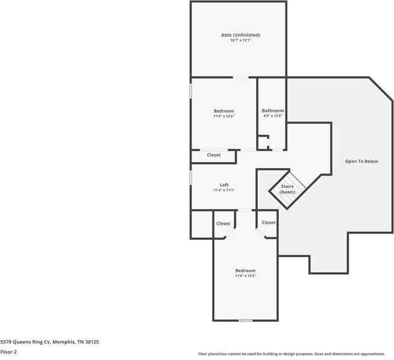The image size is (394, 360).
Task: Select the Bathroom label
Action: pyautogui.click(x=272, y=111)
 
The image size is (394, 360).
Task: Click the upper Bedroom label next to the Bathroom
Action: pyautogui.click(x=224, y=111)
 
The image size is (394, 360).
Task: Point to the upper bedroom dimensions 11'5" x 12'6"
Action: pyautogui.click(x=224, y=116)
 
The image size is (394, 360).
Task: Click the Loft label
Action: pyautogui.click(x=224, y=185)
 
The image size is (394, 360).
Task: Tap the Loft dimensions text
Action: pyautogui.click(x=224, y=190)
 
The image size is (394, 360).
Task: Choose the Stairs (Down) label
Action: pyautogui.click(x=287, y=189)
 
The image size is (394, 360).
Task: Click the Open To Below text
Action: pyautogui.click(x=361, y=161)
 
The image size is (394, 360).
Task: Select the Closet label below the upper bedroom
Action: pyautogui.click(x=214, y=155)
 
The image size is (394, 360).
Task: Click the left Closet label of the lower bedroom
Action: pyautogui.click(x=223, y=223)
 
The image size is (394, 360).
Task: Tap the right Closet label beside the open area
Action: pyautogui.click(x=269, y=223)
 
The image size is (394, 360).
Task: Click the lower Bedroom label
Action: pyautogui.click(x=245, y=270)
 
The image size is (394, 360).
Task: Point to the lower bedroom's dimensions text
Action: pyautogui.click(x=245, y=276)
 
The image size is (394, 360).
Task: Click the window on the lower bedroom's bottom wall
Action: pyautogui.click(x=245, y=320)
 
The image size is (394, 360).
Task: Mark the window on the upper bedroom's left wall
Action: pyautogui.click(x=191, y=90)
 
